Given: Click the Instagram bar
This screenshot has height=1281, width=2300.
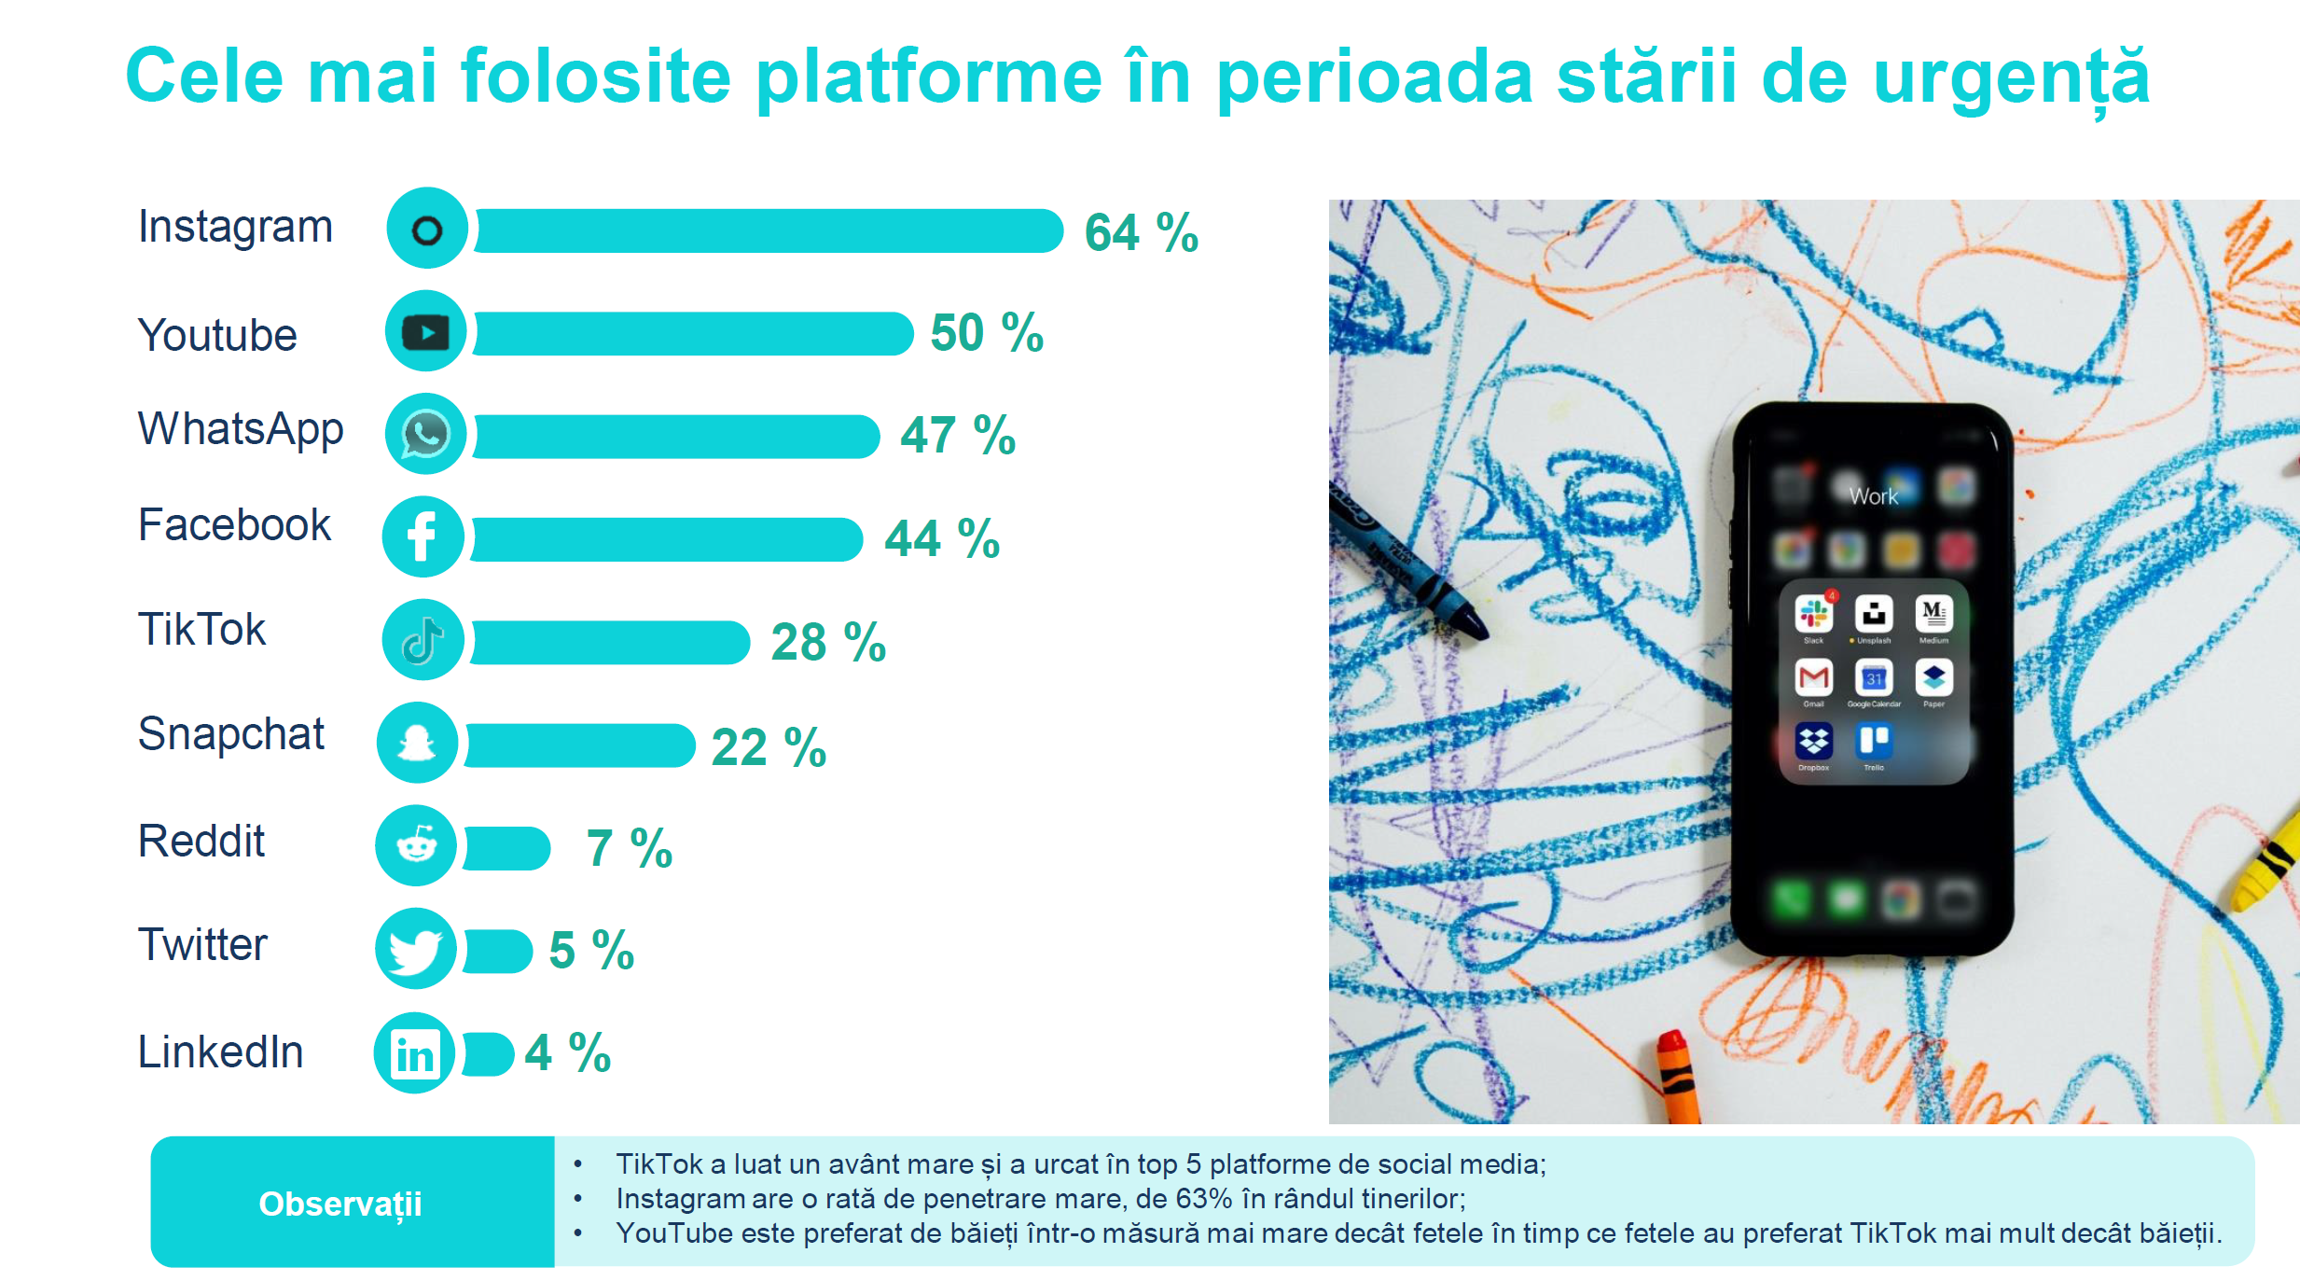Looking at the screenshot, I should (769, 230).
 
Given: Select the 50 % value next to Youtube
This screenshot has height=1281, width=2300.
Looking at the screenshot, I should (987, 333).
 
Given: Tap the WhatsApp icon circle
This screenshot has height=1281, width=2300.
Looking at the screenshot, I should (425, 434).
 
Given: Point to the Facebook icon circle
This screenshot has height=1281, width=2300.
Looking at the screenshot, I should (423, 536).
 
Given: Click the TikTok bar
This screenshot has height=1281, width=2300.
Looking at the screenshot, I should (610, 642).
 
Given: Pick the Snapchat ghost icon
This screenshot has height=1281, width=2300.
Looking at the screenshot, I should (417, 743).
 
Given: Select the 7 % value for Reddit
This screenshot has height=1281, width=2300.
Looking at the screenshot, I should (630, 848).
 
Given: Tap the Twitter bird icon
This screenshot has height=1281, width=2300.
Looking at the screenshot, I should (416, 949).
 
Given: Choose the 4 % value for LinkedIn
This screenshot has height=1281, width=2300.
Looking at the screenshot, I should (567, 1053).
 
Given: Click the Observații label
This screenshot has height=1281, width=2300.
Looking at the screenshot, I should (340, 1204).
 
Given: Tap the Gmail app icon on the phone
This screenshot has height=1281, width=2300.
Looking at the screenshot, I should (1813, 677).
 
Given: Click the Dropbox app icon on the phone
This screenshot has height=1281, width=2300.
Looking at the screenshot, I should (1813, 742).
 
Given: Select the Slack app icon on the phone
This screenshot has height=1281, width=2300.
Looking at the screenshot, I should (1813, 614).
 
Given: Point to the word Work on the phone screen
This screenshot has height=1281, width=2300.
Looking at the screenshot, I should (1874, 496).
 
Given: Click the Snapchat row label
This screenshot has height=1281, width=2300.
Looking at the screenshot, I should (231, 734).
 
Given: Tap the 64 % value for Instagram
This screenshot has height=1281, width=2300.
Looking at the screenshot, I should (1141, 232).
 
